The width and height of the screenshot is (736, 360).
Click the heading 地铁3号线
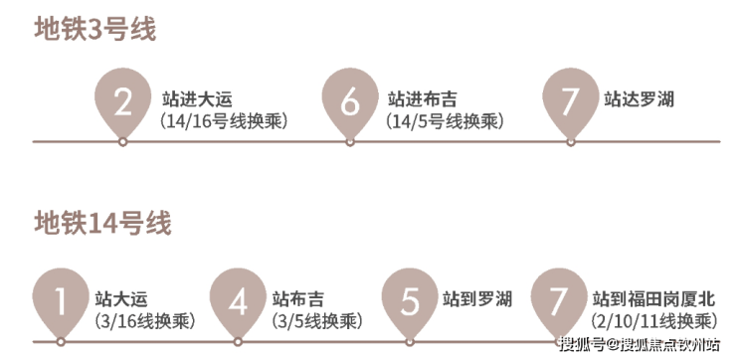coord(94,29)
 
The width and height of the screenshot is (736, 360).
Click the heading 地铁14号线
coord(102,223)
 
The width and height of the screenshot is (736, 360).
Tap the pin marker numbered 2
coord(123,103)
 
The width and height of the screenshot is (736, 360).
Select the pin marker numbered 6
coord(350,103)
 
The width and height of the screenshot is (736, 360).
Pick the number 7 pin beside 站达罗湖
coord(571,103)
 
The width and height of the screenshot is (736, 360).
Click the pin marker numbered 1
coord(61,303)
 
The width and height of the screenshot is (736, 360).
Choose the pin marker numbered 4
coord(238,303)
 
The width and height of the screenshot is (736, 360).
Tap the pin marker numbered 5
coord(410,303)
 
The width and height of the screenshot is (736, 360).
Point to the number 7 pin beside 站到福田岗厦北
coord(559,303)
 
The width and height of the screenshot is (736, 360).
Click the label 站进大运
coord(197,99)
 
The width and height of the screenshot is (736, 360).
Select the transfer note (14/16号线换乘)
coord(224,121)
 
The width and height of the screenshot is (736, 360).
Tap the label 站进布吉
coord(423,99)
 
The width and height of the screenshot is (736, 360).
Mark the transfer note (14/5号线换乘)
coord(445,121)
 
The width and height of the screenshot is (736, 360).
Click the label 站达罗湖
coord(639,99)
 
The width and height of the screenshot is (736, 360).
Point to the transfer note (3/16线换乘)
coord(144,321)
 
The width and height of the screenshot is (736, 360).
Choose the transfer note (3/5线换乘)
coord(317,321)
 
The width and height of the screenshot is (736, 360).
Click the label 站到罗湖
coord(476,299)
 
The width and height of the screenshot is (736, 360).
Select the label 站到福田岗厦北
coord(653,299)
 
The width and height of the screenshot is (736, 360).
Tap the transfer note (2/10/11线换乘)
coord(654,321)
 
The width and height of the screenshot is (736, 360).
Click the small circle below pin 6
coord(350,141)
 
